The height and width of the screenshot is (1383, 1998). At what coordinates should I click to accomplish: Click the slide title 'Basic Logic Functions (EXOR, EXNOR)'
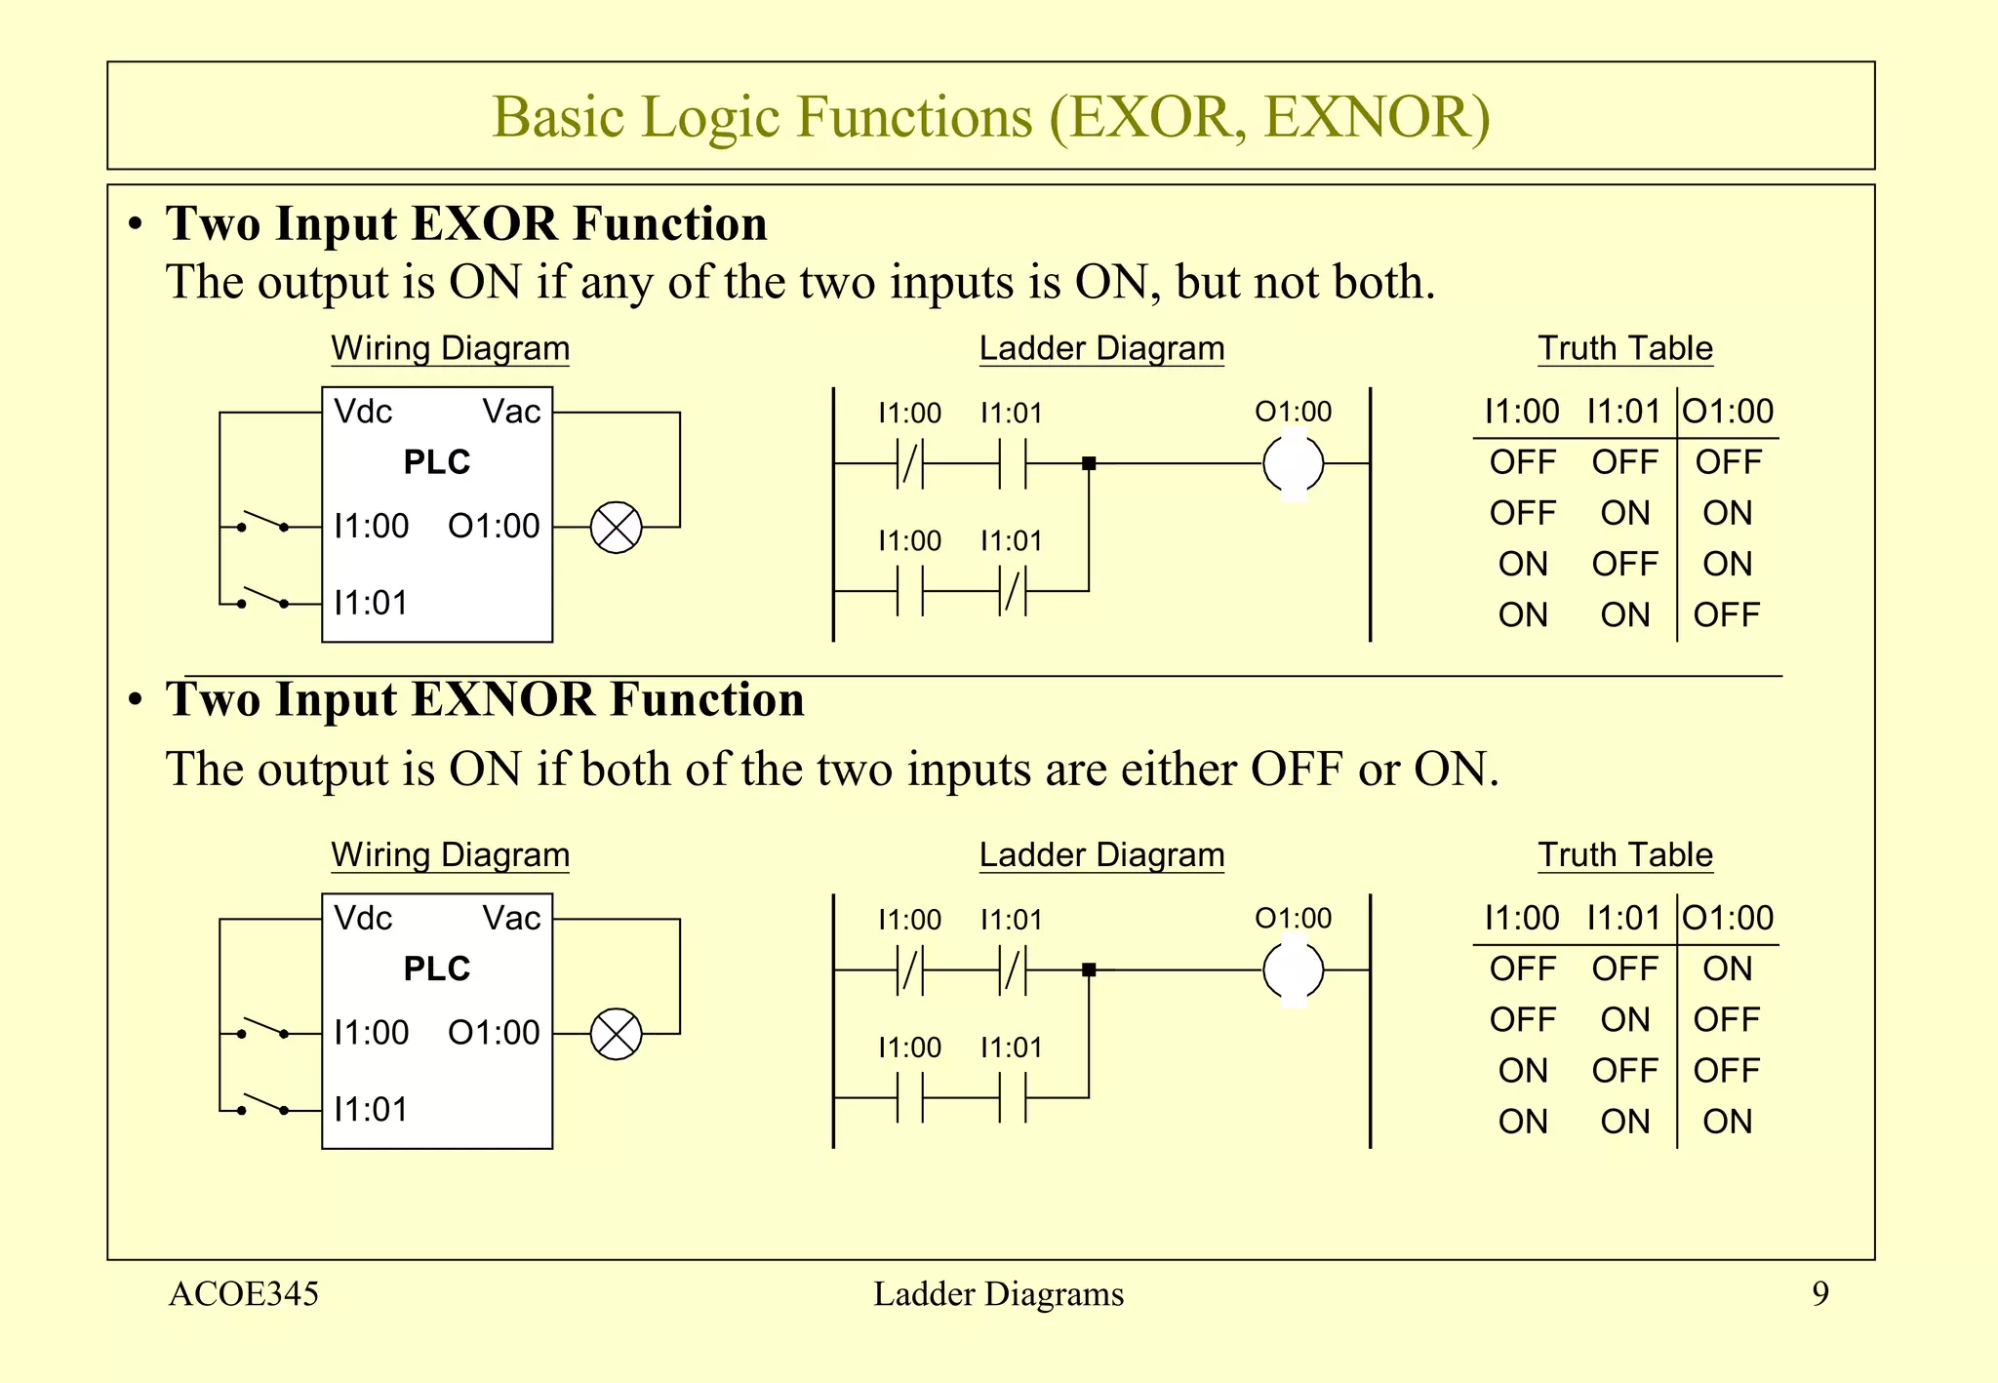click(x=990, y=117)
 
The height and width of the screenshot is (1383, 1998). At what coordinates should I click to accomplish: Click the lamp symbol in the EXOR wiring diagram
click(x=617, y=528)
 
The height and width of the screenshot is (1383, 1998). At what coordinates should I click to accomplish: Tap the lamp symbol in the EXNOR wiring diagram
click(x=617, y=1034)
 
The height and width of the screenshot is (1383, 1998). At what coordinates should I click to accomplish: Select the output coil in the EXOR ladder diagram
click(x=1293, y=464)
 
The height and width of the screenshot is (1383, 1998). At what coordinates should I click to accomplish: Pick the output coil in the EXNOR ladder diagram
click(x=1293, y=970)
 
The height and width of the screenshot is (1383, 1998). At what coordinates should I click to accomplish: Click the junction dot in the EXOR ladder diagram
click(x=1089, y=464)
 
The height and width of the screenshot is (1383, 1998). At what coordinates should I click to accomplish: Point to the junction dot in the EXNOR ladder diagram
click(x=1089, y=970)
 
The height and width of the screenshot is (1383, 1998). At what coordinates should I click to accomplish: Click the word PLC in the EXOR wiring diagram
click(x=437, y=462)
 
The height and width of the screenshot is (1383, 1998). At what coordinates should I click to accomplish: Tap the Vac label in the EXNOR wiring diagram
click(x=511, y=919)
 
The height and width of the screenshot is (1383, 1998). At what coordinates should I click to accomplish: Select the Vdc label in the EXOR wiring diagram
click(x=363, y=412)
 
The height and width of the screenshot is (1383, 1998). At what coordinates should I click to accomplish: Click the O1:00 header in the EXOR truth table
click(x=1728, y=412)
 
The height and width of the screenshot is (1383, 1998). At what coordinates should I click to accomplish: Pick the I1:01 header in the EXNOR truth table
click(x=1623, y=919)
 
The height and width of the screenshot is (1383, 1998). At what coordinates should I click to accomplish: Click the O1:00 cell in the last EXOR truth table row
click(x=1727, y=615)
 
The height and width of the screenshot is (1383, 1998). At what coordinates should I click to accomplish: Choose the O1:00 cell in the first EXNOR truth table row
click(x=1727, y=969)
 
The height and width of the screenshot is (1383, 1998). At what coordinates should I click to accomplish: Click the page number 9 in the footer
click(x=1820, y=1294)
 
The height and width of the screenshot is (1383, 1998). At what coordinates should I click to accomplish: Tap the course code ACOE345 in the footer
click(x=244, y=1294)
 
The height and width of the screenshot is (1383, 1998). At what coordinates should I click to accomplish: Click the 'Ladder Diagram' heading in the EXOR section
click(x=1101, y=348)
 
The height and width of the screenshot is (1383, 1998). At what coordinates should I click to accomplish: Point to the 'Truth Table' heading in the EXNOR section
click(x=1625, y=855)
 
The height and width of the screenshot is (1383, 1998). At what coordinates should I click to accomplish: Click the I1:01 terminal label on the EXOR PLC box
click(x=371, y=604)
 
